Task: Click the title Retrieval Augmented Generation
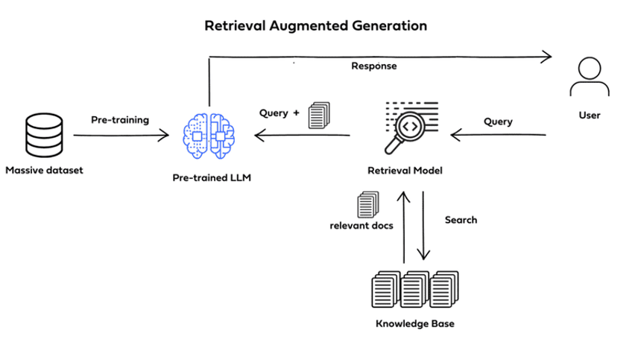(x=316, y=26)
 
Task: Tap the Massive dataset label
(x=45, y=170)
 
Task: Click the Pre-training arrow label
(x=120, y=119)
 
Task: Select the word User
(x=589, y=116)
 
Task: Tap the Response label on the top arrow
(x=374, y=66)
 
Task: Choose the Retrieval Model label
(x=405, y=171)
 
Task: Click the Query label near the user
(x=498, y=121)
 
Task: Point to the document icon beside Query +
(x=318, y=115)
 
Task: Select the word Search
(x=461, y=220)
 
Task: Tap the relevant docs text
(x=361, y=225)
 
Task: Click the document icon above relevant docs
(x=368, y=204)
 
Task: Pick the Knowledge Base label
(x=414, y=324)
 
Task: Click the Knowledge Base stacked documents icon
(x=414, y=290)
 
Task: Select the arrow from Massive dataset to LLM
(x=121, y=136)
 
